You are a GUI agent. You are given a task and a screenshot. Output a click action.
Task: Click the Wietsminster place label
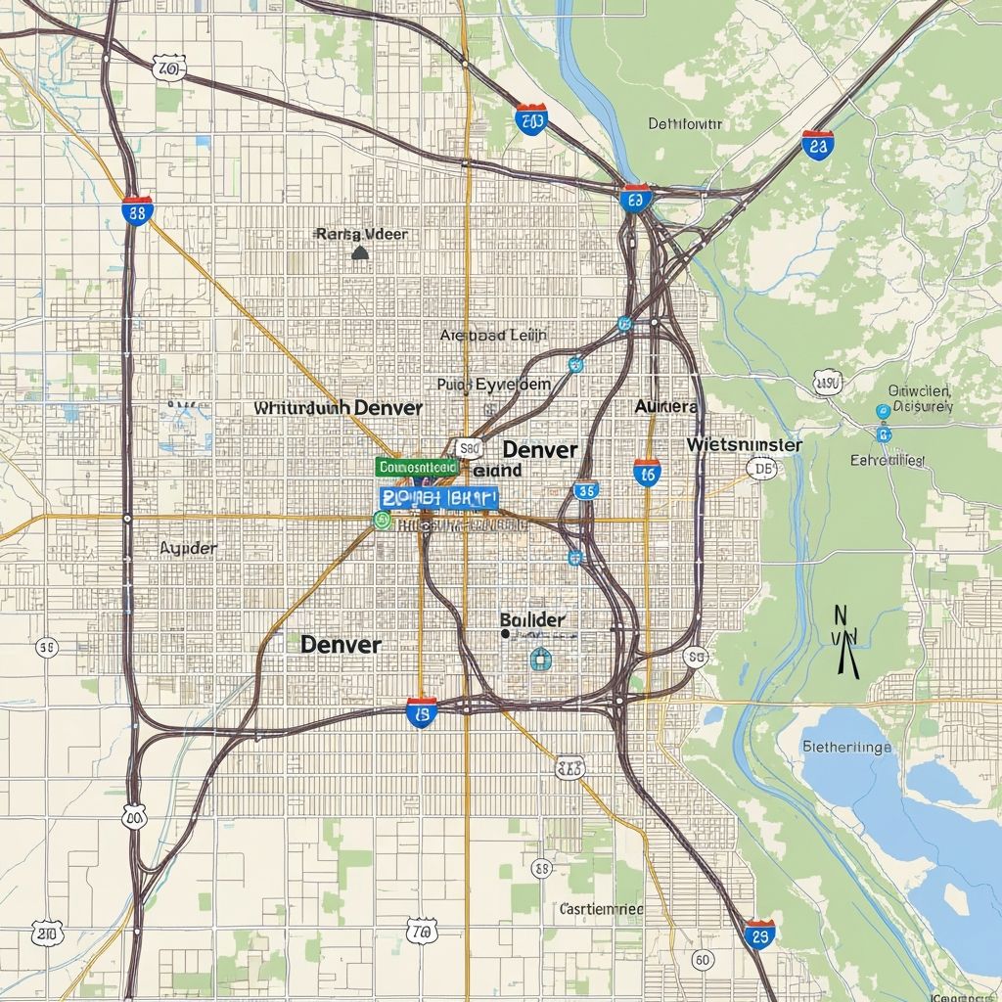[744, 445]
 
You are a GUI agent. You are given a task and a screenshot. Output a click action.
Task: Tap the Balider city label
[532, 620]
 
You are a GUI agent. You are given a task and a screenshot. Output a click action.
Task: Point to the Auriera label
[665, 406]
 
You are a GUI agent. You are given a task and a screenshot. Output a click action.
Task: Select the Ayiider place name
[188, 548]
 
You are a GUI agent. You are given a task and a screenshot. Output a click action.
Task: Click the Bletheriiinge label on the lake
[846, 747]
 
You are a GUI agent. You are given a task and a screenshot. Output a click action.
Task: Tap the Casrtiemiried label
[601, 909]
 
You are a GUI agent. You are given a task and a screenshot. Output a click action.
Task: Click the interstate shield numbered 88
[137, 209]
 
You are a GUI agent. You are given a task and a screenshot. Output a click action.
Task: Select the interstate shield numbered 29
[758, 933]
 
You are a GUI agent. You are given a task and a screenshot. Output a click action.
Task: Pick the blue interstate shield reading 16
[647, 473]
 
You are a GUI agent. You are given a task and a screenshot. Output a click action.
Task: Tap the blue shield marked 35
[586, 489]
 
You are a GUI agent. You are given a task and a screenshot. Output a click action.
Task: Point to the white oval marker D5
[760, 470]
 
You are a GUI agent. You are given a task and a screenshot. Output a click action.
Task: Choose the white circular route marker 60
[702, 960]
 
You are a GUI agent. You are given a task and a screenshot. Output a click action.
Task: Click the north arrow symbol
[845, 641]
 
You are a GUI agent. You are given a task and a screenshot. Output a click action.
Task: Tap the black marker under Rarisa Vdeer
[359, 252]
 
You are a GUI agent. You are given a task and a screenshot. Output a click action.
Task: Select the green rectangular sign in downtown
[416, 468]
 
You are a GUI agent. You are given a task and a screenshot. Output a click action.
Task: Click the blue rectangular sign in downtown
[437, 498]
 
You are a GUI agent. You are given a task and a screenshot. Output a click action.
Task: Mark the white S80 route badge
[470, 449]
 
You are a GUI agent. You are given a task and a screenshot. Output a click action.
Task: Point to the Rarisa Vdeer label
[361, 235]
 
